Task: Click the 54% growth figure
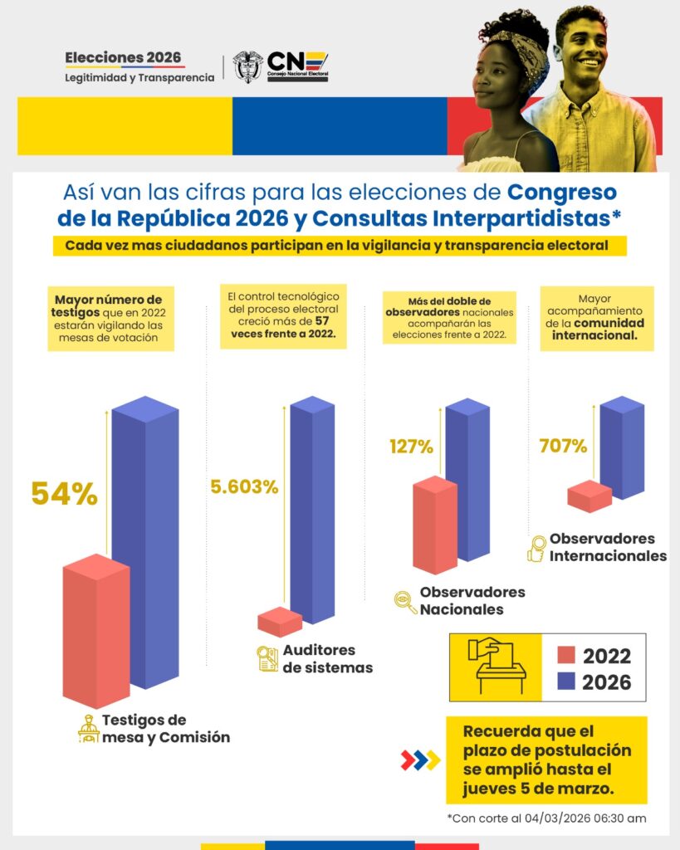pos(65,494)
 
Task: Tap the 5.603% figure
pos(244,486)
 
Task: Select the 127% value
pos(411,446)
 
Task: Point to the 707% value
pos(563,446)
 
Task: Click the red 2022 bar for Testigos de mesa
pos(96,631)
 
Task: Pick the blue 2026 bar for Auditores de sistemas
pos(312,510)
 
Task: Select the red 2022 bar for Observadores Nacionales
pos(435,525)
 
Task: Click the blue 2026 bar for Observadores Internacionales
pos(623,447)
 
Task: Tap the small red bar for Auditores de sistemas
pos(280,622)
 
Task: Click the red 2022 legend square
pos(566,655)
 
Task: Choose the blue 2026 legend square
pos(566,681)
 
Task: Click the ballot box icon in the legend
pos(497,666)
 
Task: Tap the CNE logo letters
pos(297,66)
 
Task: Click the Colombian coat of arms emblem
pos(247,66)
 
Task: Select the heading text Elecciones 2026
pos(123,57)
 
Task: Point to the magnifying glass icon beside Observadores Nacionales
pos(405,602)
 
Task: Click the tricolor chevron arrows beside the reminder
pos(420,760)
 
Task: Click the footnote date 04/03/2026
pos(557,818)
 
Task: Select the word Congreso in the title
pos(562,192)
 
